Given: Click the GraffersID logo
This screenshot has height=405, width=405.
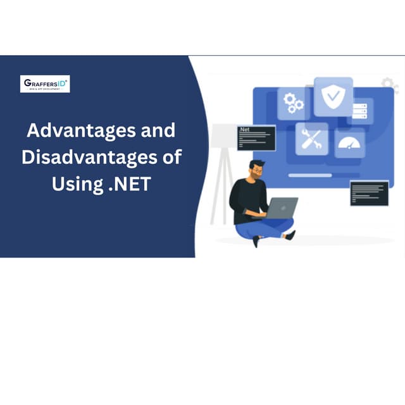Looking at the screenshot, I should point(45,84).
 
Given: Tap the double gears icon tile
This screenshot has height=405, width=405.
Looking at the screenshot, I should point(293,103).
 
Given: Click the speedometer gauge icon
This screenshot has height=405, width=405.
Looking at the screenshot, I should point(349,144).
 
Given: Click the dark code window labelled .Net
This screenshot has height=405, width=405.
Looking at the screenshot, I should point(256,137).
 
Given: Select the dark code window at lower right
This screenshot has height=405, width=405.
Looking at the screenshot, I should point(369,193).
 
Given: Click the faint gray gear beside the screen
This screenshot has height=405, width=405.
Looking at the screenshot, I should point(389,84).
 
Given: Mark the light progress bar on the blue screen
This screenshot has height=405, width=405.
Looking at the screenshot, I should point(310,175).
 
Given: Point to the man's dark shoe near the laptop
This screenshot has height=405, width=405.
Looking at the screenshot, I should point(290,235).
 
